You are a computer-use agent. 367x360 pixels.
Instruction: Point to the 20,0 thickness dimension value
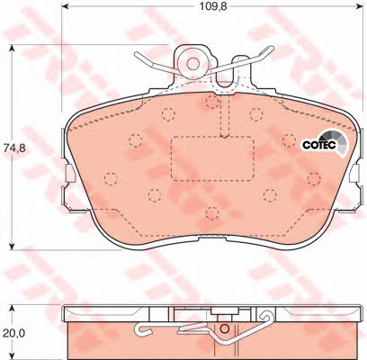(14, 332)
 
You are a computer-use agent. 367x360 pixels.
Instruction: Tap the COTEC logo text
(318, 146)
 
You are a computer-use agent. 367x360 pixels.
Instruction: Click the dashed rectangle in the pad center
(212, 158)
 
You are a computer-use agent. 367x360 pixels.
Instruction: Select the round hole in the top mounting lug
(192, 63)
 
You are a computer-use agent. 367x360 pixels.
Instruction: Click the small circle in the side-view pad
(224, 328)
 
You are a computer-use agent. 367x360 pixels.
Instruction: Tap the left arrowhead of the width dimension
(65, 6)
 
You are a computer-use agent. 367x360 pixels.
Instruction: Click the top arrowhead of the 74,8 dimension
(12, 49)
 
